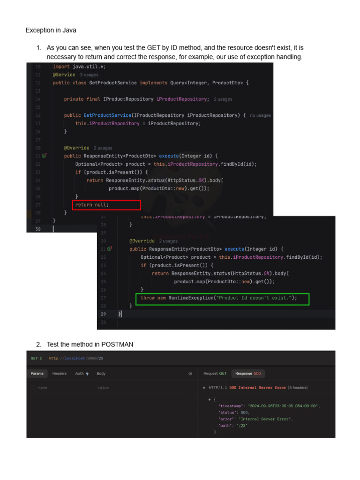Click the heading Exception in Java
[x=51, y=30]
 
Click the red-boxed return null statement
[x=92, y=205]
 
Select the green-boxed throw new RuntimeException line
[x=219, y=298]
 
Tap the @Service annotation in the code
[x=64, y=75]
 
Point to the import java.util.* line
[x=79, y=67]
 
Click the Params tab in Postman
[x=37, y=374]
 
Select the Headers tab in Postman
[x=60, y=374]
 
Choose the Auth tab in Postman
[x=82, y=374]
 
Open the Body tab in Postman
[x=101, y=374]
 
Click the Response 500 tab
[x=248, y=374]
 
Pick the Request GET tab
[x=215, y=374]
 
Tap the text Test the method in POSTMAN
[x=90, y=345]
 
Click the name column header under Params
[x=43, y=388]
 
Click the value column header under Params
[x=103, y=388]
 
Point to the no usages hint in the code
[x=260, y=115]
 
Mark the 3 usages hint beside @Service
[x=89, y=75]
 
